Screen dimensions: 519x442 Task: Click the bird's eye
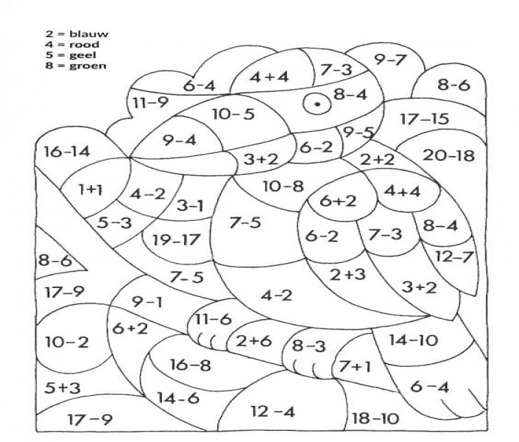coord(317,104)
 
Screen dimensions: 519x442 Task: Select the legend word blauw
coord(88,34)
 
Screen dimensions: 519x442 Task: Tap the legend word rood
coord(84,44)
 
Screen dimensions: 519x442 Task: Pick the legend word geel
coord(82,55)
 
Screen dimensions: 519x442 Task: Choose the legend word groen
coord(88,66)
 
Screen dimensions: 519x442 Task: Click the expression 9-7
coord(390,60)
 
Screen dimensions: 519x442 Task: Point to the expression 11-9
coord(151,102)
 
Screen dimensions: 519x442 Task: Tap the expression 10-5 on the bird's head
coord(233,114)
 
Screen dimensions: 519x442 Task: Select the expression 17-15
coord(424,119)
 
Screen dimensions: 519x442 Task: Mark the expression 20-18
coord(448,155)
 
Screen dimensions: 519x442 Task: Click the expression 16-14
coord(66,152)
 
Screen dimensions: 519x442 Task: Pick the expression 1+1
coord(90,189)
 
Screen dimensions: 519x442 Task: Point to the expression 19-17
coord(177,239)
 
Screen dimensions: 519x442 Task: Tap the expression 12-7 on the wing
coord(453,256)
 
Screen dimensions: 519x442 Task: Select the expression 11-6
coord(213,320)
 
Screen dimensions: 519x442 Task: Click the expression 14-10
coord(413,340)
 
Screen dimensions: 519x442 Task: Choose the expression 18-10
coord(375,418)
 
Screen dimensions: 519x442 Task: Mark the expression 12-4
coord(272,412)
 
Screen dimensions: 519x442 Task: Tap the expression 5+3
coord(63,387)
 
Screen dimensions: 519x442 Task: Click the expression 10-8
coord(283,186)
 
